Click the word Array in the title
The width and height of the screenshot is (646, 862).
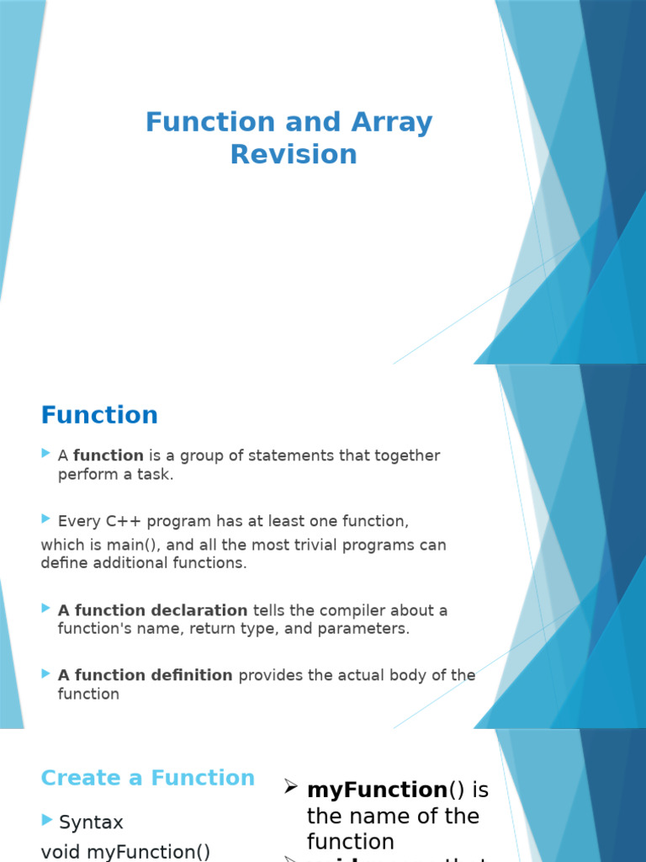coord(394,123)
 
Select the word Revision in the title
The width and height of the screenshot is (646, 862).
coord(294,155)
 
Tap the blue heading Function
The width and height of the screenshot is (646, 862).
coord(99,415)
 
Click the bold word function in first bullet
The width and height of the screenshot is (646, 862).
coord(109,455)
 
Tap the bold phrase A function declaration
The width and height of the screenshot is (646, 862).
coord(152,610)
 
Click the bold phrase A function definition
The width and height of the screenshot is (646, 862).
coord(145,675)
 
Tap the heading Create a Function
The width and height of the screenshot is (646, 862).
coord(147,778)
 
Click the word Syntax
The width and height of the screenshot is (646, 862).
coord(91,822)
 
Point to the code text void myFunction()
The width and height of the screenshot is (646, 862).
coord(125,852)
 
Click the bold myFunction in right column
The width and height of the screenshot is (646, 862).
coord(377,790)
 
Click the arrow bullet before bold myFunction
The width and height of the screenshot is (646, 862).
coord(291,787)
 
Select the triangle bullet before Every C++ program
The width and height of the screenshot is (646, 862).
coord(45,519)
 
